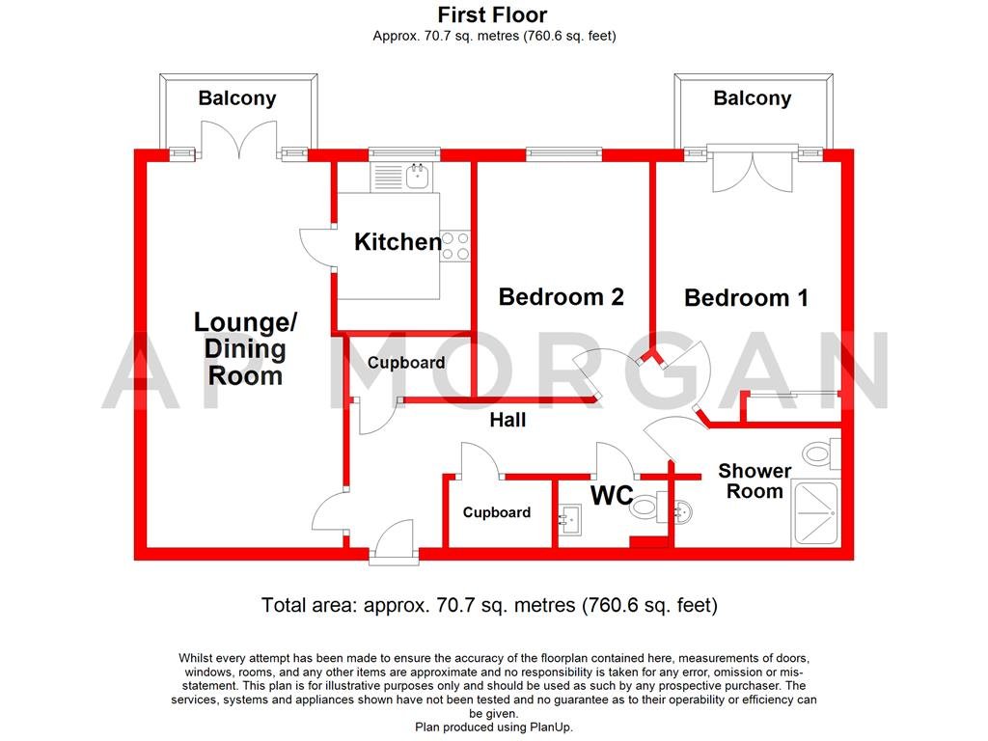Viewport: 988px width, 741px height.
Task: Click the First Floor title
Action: tap(493, 14)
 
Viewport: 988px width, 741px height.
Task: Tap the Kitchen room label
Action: tap(398, 241)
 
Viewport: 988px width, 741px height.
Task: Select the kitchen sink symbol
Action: tap(418, 176)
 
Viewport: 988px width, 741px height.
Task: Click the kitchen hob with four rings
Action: tap(456, 245)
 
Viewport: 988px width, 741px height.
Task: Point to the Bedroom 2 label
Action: tap(561, 296)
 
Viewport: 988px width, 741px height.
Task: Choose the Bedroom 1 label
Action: tap(746, 297)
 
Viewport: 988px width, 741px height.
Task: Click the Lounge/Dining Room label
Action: tap(246, 348)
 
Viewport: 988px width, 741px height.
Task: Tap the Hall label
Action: tap(508, 421)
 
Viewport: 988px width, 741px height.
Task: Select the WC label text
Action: tap(612, 496)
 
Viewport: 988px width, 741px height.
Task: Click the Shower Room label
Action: tap(755, 480)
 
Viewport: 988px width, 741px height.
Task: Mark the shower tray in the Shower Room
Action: tap(815, 514)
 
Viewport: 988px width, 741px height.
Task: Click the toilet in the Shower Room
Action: tap(821, 452)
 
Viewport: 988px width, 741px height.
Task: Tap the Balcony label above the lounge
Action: tap(237, 97)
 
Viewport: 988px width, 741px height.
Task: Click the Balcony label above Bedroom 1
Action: tap(752, 97)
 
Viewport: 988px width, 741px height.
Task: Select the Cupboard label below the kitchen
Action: tap(406, 363)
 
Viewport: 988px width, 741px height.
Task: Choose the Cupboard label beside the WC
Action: tap(496, 512)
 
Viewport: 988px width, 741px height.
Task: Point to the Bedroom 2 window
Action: tap(564, 152)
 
